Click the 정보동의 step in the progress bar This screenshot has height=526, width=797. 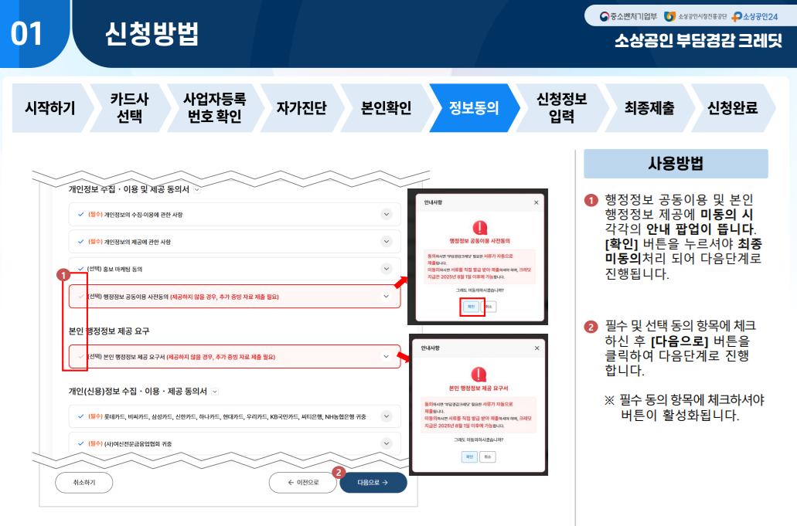coord(474,108)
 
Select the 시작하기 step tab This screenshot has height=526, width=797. coord(50,108)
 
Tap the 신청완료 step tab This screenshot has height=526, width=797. coord(732,108)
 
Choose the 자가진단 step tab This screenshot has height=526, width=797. coord(301,108)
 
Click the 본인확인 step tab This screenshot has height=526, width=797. coord(387,108)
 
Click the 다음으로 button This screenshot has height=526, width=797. coord(373,483)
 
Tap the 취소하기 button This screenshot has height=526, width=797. coord(83,483)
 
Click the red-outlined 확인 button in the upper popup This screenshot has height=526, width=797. coord(471,306)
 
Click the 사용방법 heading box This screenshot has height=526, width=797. coord(676,164)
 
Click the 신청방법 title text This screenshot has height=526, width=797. coord(152,33)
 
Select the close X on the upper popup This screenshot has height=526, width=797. coord(536,202)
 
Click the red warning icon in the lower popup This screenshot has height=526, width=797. coord(479,370)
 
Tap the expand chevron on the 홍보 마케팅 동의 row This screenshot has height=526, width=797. coord(387,269)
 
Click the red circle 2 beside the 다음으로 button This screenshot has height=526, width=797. coord(338,472)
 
